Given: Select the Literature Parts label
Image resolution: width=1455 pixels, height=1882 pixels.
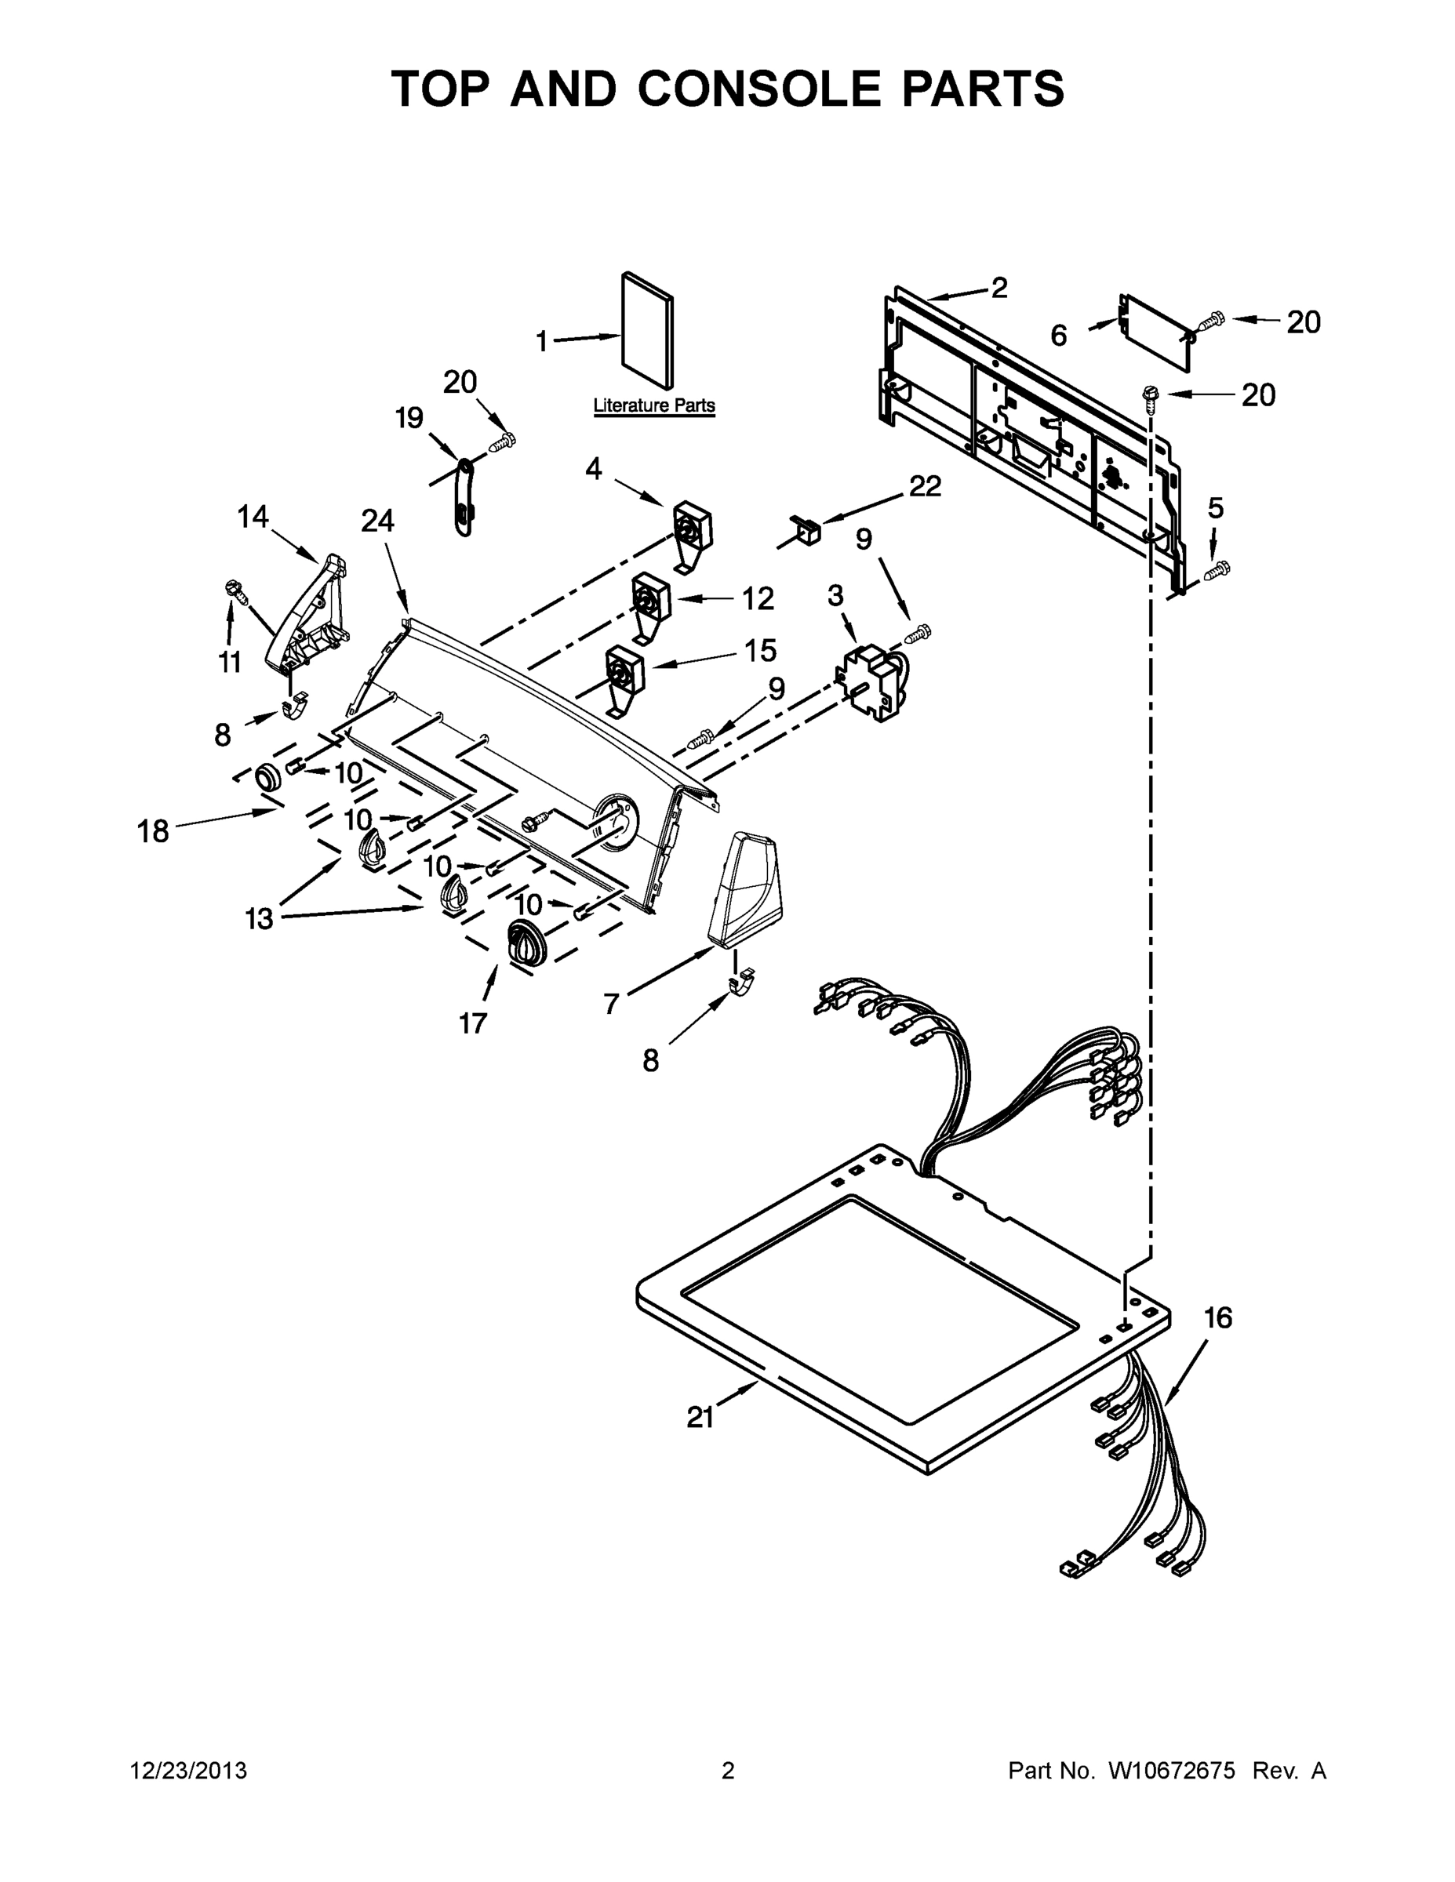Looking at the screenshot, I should click(x=654, y=405).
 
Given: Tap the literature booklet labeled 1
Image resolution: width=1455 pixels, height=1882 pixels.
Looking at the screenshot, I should click(x=647, y=331).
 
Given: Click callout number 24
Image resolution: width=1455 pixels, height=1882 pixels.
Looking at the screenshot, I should click(x=377, y=521).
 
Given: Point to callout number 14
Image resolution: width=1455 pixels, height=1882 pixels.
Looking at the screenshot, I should click(x=253, y=517).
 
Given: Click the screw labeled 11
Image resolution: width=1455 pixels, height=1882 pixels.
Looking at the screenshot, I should click(x=235, y=590).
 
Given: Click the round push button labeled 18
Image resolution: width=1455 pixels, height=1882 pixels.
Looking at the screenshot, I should click(x=269, y=777).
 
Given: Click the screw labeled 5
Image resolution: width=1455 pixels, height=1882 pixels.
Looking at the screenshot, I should click(x=1218, y=569).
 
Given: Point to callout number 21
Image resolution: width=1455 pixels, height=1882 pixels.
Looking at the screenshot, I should click(x=700, y=1418).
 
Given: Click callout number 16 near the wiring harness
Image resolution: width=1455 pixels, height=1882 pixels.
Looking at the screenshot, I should click(x=1218, y=1317).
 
